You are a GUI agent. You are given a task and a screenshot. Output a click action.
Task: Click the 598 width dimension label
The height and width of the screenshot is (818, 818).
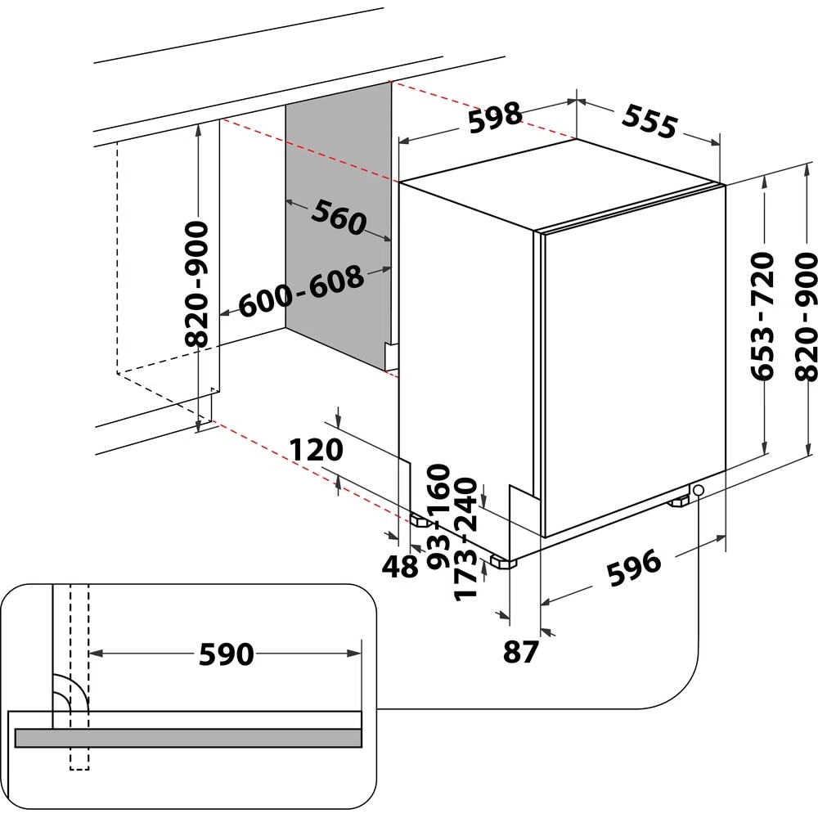tap(494, 115)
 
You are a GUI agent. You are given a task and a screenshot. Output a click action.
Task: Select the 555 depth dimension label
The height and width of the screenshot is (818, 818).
tap(649, 120)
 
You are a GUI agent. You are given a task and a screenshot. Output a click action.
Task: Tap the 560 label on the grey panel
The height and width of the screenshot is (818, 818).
tap(336, 218)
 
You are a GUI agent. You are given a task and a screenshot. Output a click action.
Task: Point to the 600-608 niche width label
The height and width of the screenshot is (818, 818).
tap(302, 292)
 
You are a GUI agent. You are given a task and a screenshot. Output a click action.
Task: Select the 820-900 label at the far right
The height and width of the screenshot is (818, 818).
tap(806, 316)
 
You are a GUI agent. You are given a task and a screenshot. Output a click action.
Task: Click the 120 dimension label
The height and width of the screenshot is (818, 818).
tap(315, 449)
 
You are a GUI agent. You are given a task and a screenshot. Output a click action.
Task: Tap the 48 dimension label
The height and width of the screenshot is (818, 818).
tap(401, 567)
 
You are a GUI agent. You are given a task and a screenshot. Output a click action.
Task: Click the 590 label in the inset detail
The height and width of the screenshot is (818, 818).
tap(225, 654)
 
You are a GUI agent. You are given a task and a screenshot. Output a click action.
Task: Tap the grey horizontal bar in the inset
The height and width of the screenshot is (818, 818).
tap(188, 737)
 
